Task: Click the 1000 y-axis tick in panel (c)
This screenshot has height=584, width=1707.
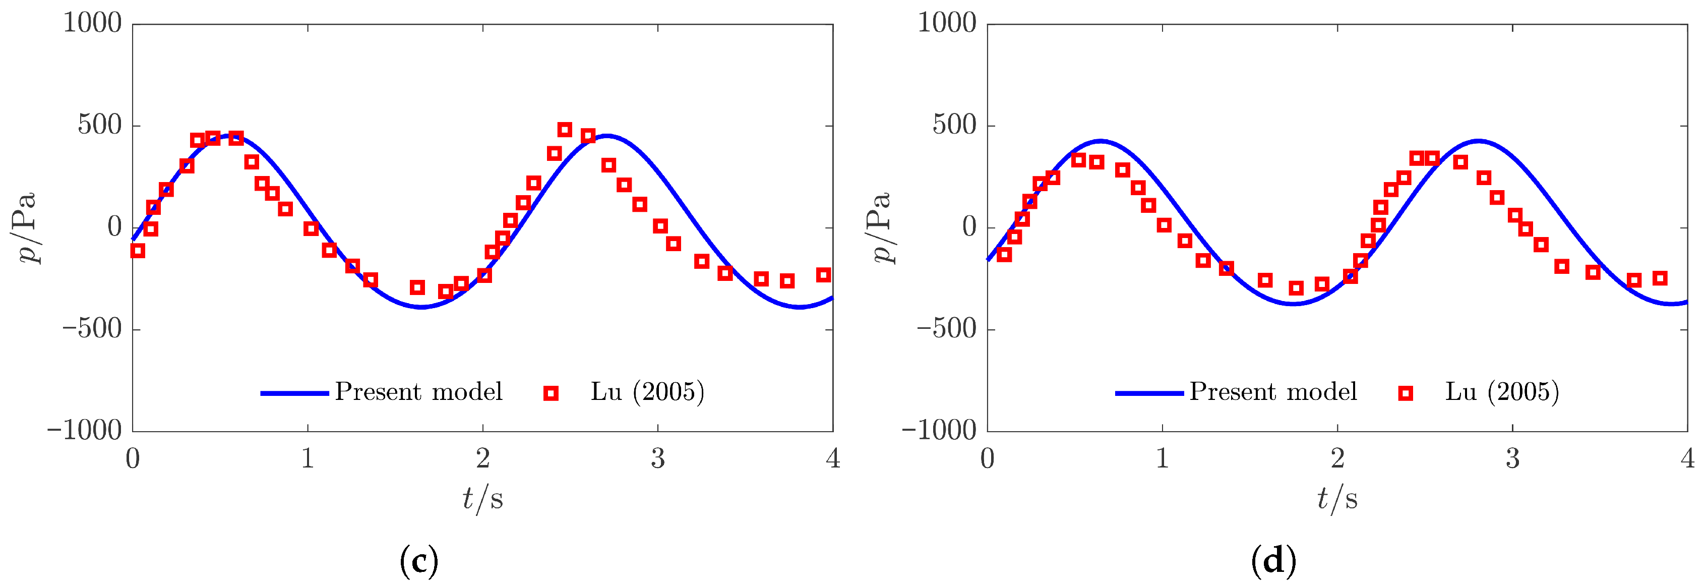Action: click(x=92, y=23)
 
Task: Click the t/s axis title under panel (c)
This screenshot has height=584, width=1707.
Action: click(x=482, y=498)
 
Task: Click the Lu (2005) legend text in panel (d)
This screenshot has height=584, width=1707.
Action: click(x=1502, y=392)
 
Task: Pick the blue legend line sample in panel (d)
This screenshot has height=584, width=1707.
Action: click(x=1149, y=393)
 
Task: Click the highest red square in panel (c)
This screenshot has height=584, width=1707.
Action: click(x=565, y=129)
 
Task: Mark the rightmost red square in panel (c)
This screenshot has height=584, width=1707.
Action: click(x=823, y=274)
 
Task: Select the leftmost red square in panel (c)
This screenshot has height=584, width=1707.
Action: click(x=138, y=251)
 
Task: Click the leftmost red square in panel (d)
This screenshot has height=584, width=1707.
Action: click(x=1004, y=255)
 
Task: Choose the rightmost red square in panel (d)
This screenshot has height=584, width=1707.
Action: click(x=1659, y=278)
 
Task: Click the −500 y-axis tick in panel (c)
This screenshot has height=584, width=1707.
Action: click(x=92, y=329)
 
